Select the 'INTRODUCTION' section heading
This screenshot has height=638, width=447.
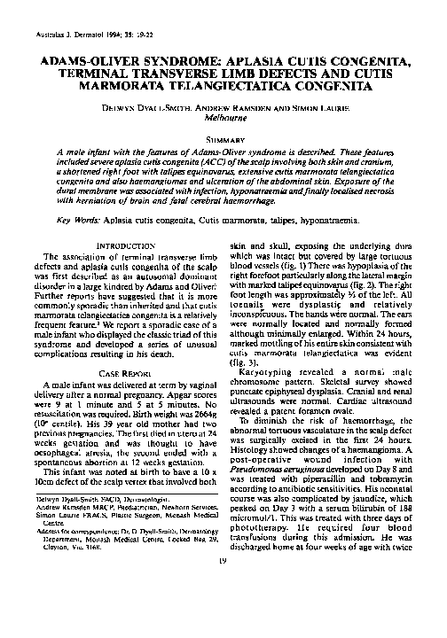pos(119,244)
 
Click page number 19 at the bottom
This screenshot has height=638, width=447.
pos(223,610)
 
